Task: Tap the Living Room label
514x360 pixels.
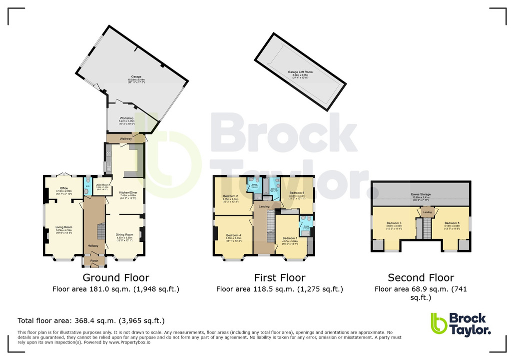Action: coord(64,227)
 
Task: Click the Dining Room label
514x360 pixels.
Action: coord(125,234)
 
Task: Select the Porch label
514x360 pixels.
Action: coord(94,260)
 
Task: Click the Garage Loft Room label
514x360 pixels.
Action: coord(301,72)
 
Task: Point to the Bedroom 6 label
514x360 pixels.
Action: coord(297,192)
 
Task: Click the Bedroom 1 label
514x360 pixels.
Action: coord(290,238)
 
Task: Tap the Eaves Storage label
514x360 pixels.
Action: coord(421,194)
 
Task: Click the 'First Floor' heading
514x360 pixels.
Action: coord(279,277)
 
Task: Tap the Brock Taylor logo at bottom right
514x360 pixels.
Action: coord(460,323)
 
